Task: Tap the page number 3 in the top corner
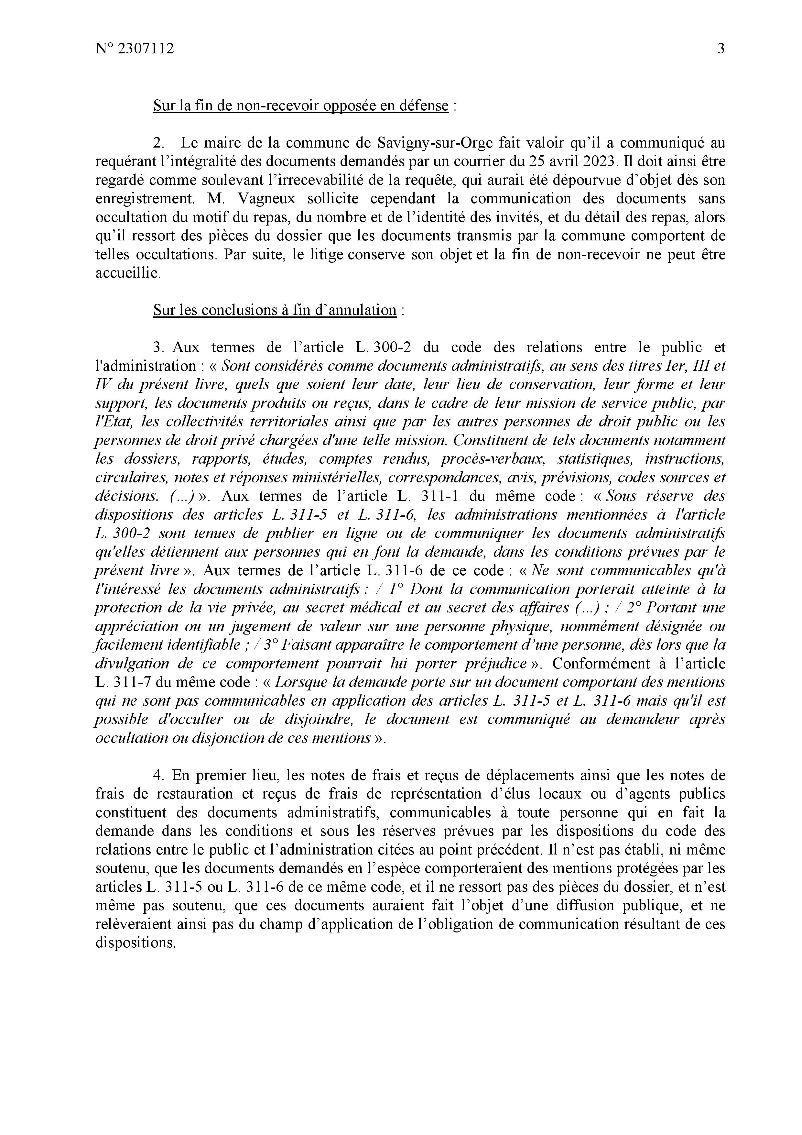(x=721, y=49)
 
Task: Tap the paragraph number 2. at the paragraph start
(x=158, y=143)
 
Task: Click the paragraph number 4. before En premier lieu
(x=158, y=775)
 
